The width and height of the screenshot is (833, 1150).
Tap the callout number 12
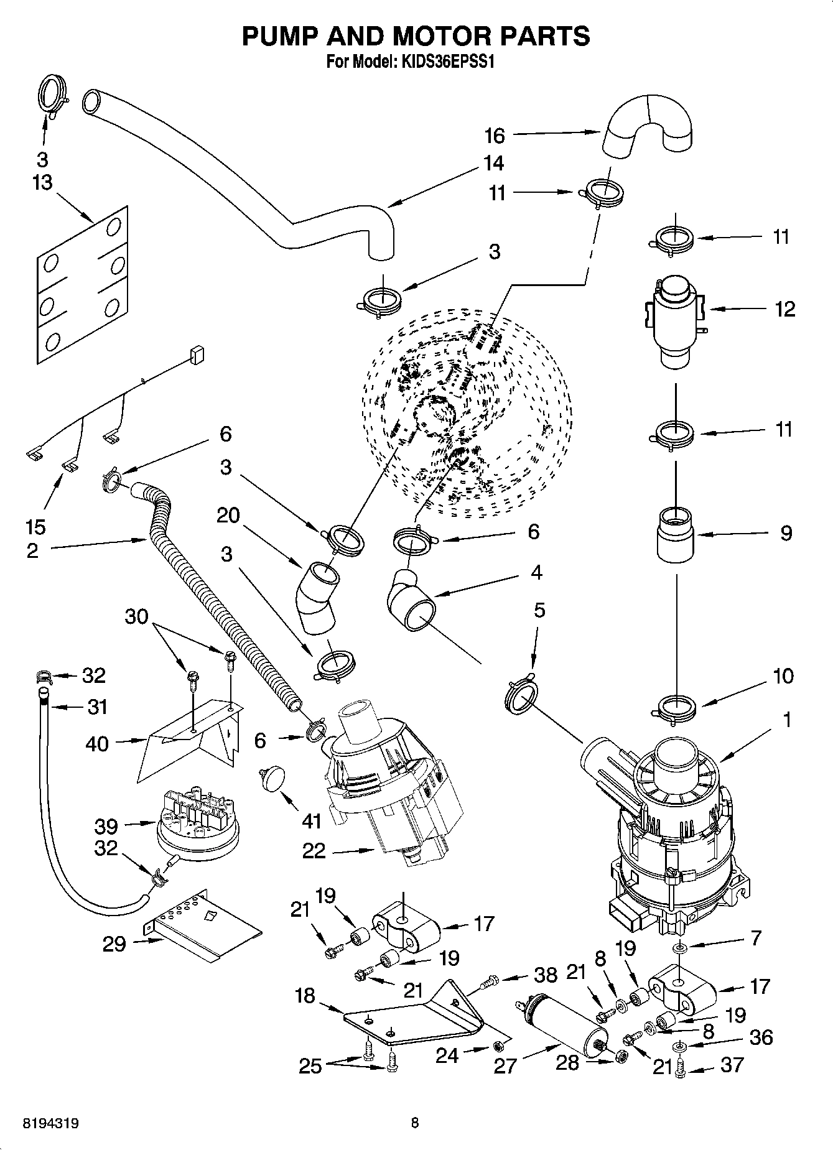785,309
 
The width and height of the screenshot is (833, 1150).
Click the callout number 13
42,183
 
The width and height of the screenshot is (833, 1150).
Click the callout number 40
98,743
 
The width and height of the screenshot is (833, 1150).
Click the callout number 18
305,996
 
